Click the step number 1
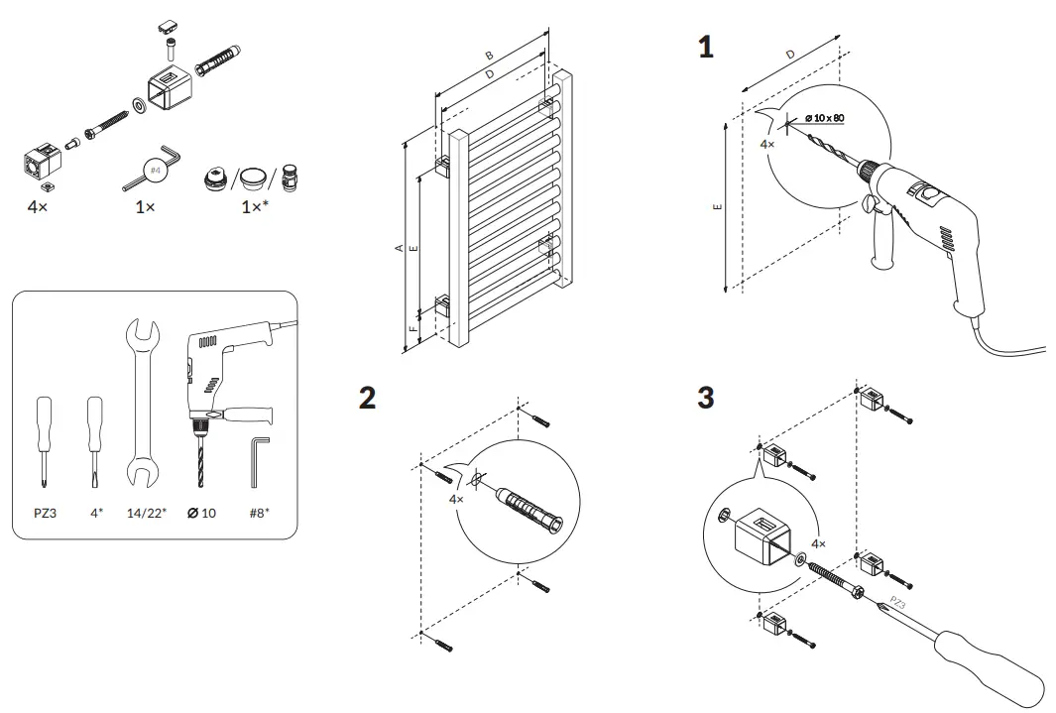pyautogui.click(x=706, y=47)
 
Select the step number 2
pyautogui.click(x=367, y=399)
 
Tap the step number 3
pyautogui.click(x=706, y=399)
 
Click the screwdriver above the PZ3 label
pyautogui.click(x=44, y=436)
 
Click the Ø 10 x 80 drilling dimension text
pyautogui.click(x=824, y=118)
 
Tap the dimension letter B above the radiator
pyautogui.click(x=489, y=56)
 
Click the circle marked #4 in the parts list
pyautogui.click(x=154, y=171)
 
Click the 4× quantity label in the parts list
pyautogui.click(x=38, y=207)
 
